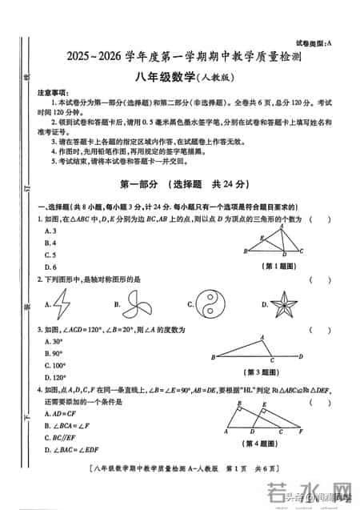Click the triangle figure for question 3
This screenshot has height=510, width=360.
coord(256,349)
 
